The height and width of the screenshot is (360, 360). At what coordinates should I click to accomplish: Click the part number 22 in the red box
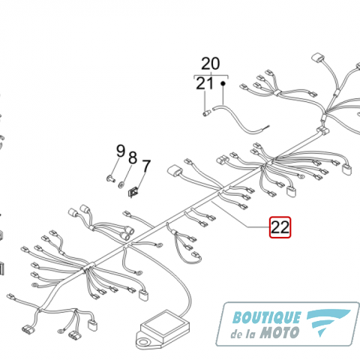280,227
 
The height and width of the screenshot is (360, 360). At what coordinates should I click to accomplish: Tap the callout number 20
211,64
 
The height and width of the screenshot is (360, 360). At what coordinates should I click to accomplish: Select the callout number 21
205,83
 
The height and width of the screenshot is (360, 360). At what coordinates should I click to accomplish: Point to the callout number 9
121,151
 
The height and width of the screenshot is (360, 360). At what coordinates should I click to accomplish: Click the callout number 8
133,157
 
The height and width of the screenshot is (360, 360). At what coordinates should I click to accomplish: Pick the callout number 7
146,166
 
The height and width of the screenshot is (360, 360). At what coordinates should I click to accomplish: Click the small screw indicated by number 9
110,178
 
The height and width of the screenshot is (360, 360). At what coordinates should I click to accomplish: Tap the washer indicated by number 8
121,185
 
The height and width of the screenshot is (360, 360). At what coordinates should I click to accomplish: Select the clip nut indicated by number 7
133,192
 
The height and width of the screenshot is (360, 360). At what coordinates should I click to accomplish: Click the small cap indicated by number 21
206,113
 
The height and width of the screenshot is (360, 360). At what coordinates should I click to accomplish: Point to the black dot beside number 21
223,83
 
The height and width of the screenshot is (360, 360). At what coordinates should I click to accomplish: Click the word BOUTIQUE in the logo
267,317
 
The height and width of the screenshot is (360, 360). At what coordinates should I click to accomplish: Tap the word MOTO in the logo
280,333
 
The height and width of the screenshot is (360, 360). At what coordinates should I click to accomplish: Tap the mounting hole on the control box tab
143,342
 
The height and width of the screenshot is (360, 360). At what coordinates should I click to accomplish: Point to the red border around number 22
269,227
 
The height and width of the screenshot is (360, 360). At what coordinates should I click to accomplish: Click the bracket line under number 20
211,75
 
